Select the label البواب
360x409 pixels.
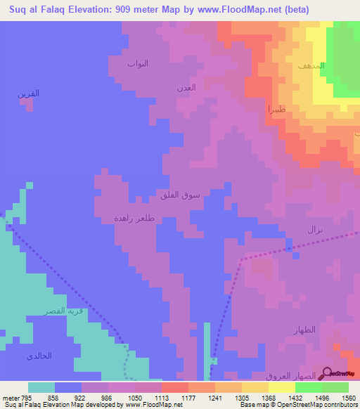138,63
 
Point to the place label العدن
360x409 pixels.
186,88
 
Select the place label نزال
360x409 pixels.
314,230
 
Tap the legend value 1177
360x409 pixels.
188,398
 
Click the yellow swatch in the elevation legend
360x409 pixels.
281,387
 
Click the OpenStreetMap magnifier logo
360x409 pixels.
327,374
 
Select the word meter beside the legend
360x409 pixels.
10,398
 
